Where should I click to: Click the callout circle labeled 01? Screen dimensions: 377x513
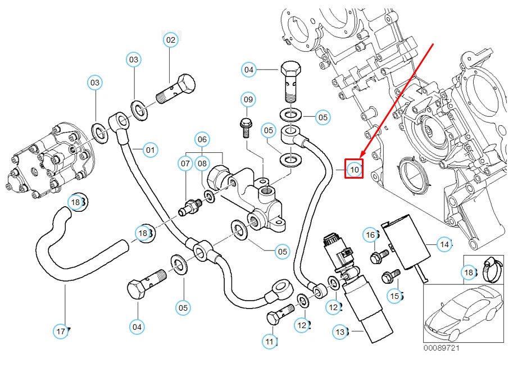point(151,150)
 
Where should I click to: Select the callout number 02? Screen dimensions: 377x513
point(170,40)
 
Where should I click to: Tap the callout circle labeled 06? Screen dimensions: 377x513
point(202,139)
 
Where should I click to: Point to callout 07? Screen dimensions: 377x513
point(186,164)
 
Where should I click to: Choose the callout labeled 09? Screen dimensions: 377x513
point(248,100)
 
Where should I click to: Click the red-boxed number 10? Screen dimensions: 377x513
point(354,169)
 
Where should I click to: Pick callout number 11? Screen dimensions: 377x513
point(270,340)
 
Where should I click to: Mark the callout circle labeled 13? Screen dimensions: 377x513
point(340,332)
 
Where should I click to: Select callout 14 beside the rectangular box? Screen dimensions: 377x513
point(445,244)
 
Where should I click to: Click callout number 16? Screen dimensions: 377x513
point(370,234)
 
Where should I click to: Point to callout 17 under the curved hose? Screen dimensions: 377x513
point(61,331)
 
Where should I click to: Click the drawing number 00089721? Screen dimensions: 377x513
point(442,349)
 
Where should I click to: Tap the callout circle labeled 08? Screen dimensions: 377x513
point(202,164)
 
